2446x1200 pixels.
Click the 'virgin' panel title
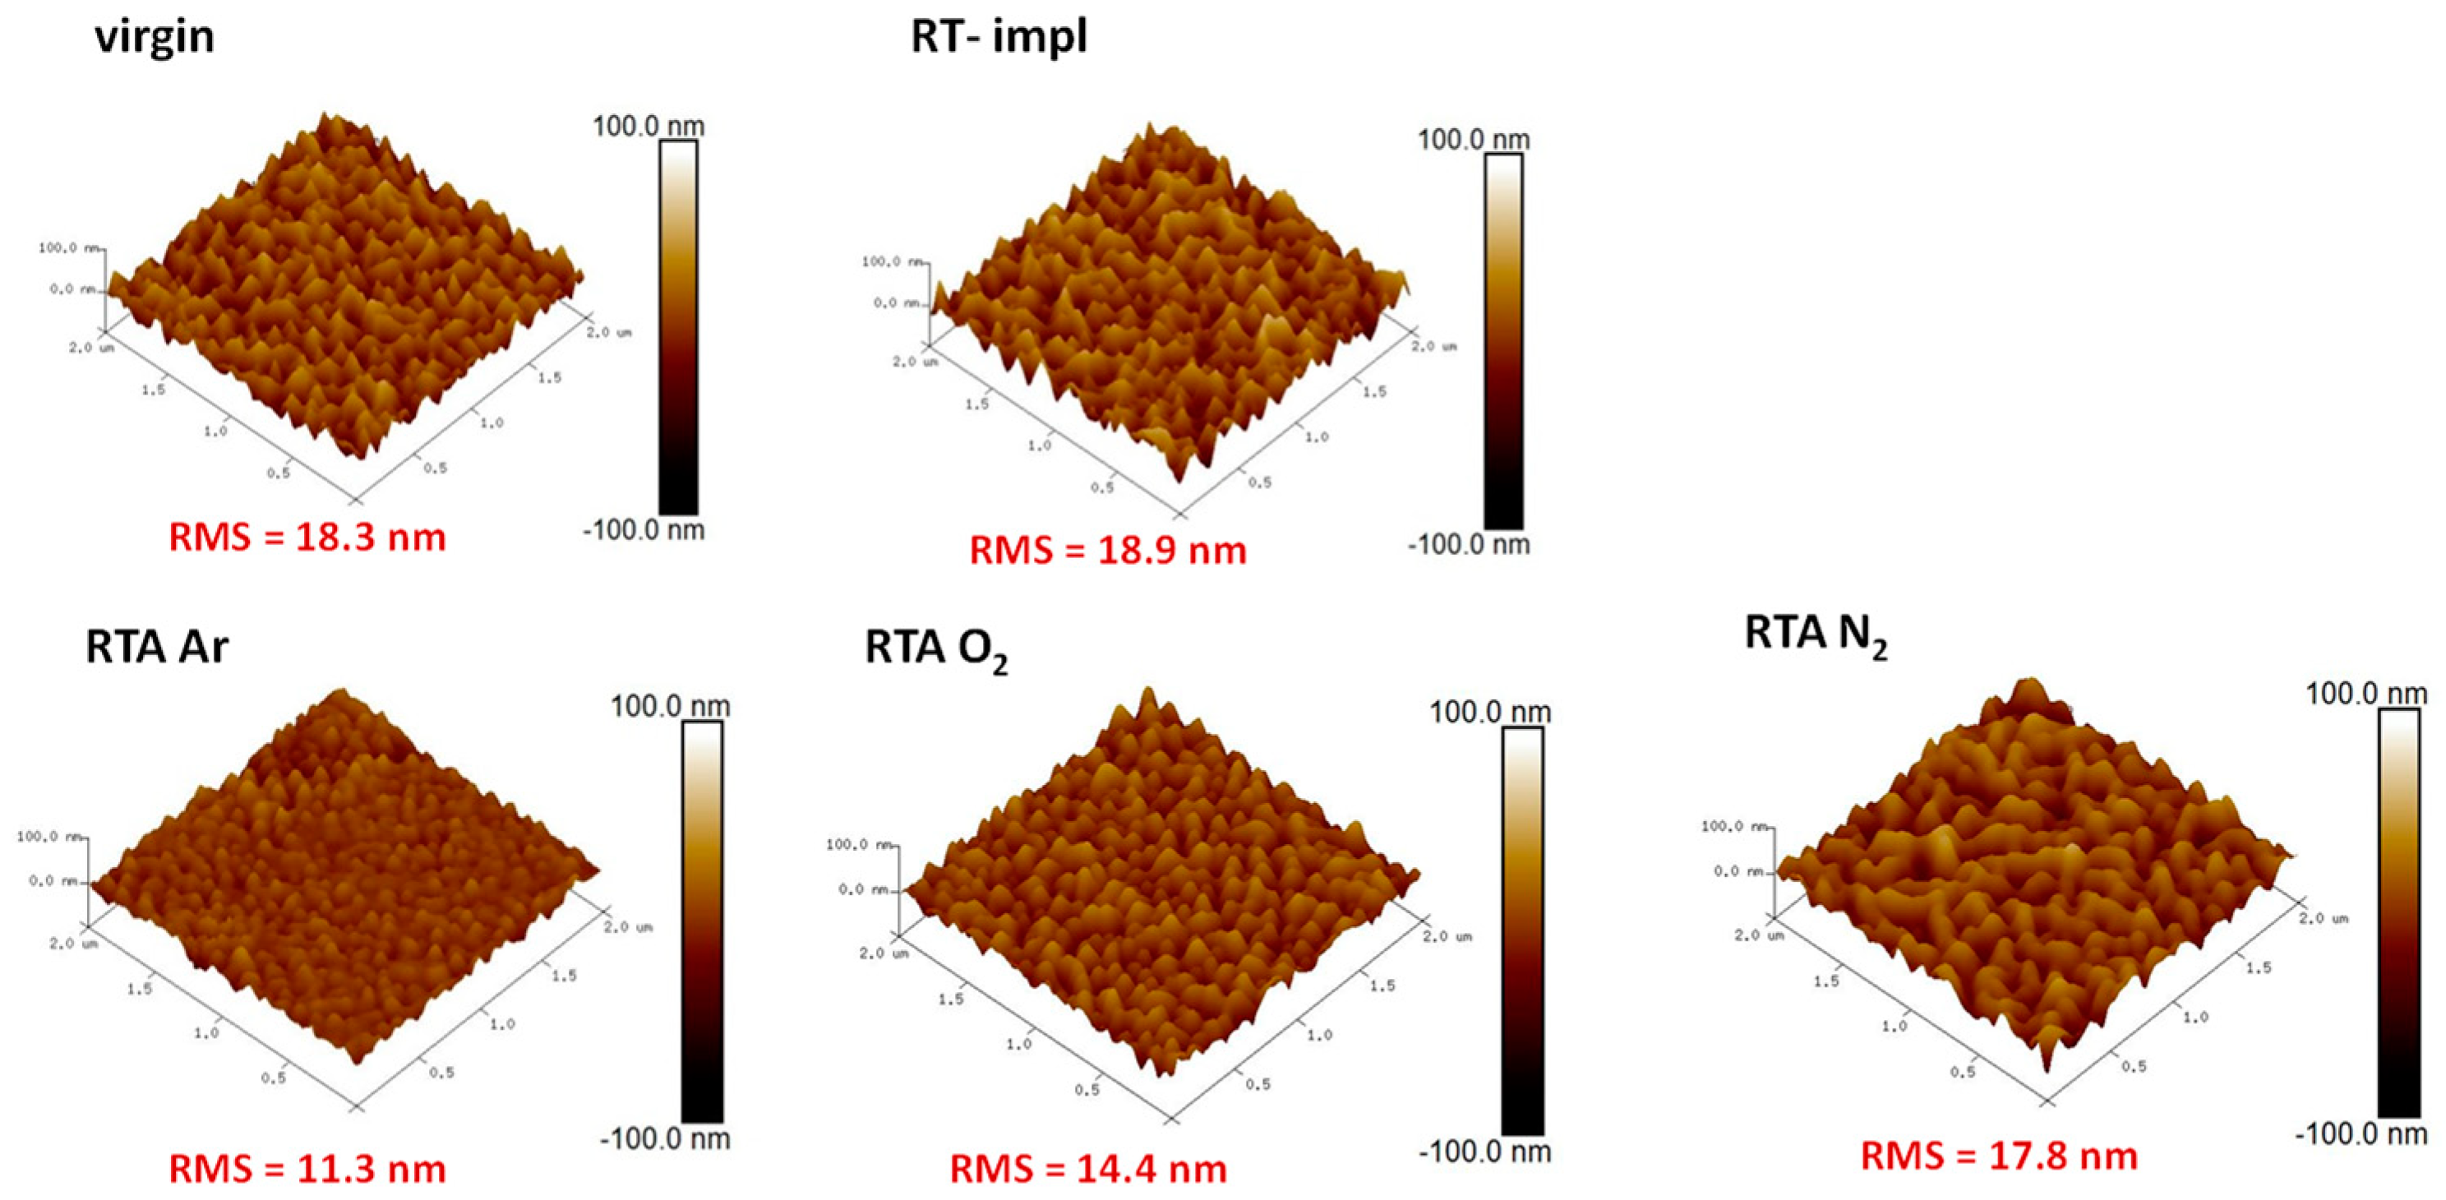[154, 38]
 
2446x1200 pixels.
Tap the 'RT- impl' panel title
[999, 38]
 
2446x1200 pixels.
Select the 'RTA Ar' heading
[157, 648]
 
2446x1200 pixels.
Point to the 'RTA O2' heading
[935, 649]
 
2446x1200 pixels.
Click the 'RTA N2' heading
[1816, 635]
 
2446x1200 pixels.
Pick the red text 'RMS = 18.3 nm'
[307, 538]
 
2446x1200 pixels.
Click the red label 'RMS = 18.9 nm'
[1107, 551]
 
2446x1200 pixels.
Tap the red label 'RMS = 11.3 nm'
[307, 1169]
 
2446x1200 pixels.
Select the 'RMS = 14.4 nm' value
[1088, 1169]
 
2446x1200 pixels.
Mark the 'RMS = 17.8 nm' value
[1999, 1156]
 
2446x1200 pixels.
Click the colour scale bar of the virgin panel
[678, 327]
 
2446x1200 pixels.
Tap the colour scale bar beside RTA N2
[2398, 912]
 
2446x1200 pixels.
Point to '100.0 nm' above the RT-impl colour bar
[1474, 141]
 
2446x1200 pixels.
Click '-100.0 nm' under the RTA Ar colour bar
[665, 1138]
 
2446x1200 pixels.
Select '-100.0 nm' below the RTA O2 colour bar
[1485, 1152]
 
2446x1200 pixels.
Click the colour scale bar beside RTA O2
[1522, 930]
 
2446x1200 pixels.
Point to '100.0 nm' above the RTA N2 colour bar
[2366, 694]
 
